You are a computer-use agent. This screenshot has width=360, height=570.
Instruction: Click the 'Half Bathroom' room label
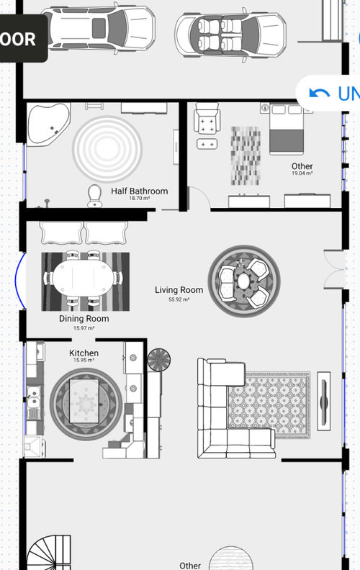coord(139,191)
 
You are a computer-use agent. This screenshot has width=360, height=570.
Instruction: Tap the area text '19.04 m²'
coord(302,173)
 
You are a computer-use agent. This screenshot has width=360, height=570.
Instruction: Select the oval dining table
coord(82,277)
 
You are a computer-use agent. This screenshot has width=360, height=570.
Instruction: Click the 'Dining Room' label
coord(84,318)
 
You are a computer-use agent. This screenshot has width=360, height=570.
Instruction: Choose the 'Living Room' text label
coord(179,290)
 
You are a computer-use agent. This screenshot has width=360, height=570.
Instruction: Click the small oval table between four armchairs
coord(244,279)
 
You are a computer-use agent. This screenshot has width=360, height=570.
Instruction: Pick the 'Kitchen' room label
coord(84,353)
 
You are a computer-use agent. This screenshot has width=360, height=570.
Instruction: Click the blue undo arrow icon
coord(318,93)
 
